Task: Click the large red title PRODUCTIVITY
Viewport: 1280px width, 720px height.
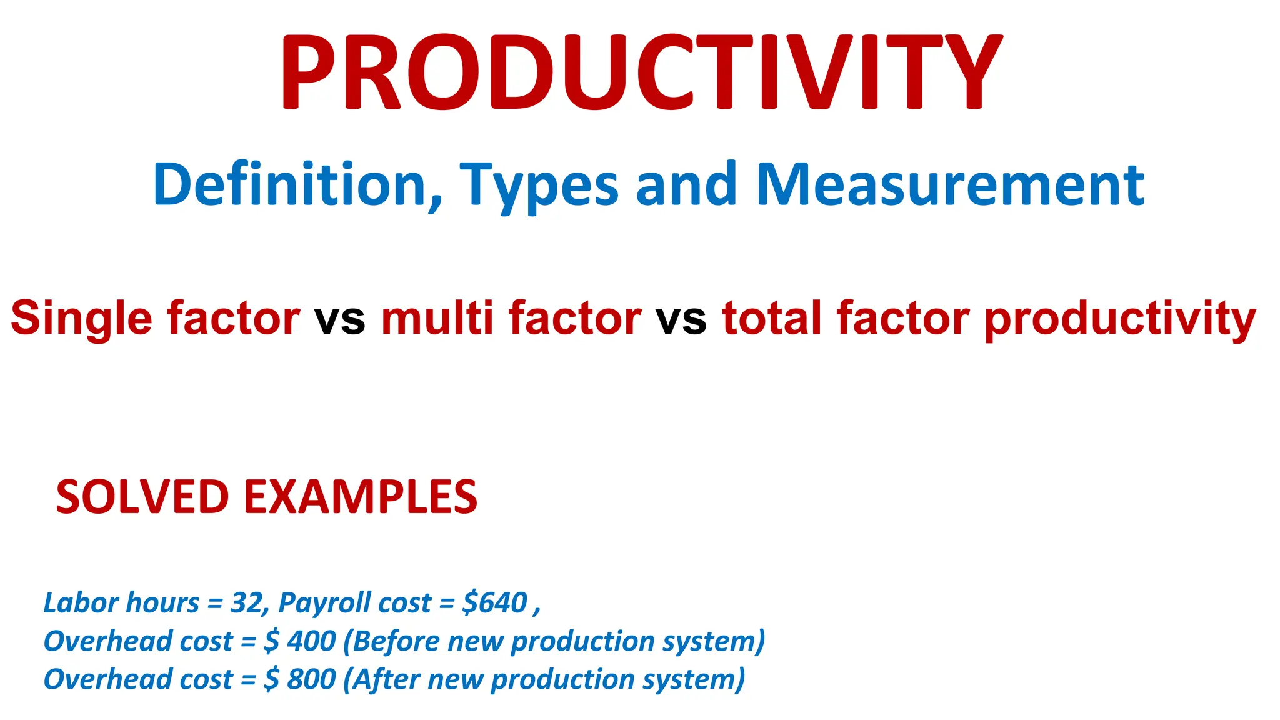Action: point(641,72)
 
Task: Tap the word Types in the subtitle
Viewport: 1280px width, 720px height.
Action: point(539,186)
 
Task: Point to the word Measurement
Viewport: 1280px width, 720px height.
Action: point(950,184)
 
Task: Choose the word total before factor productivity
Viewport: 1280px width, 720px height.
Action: point(772,317)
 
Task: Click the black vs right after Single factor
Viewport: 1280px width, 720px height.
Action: point(339,319)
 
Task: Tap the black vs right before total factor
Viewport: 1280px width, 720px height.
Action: point(681,319)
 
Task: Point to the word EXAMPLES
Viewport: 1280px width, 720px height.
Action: point(360,497)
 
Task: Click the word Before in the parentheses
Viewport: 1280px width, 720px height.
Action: point(396,641)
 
